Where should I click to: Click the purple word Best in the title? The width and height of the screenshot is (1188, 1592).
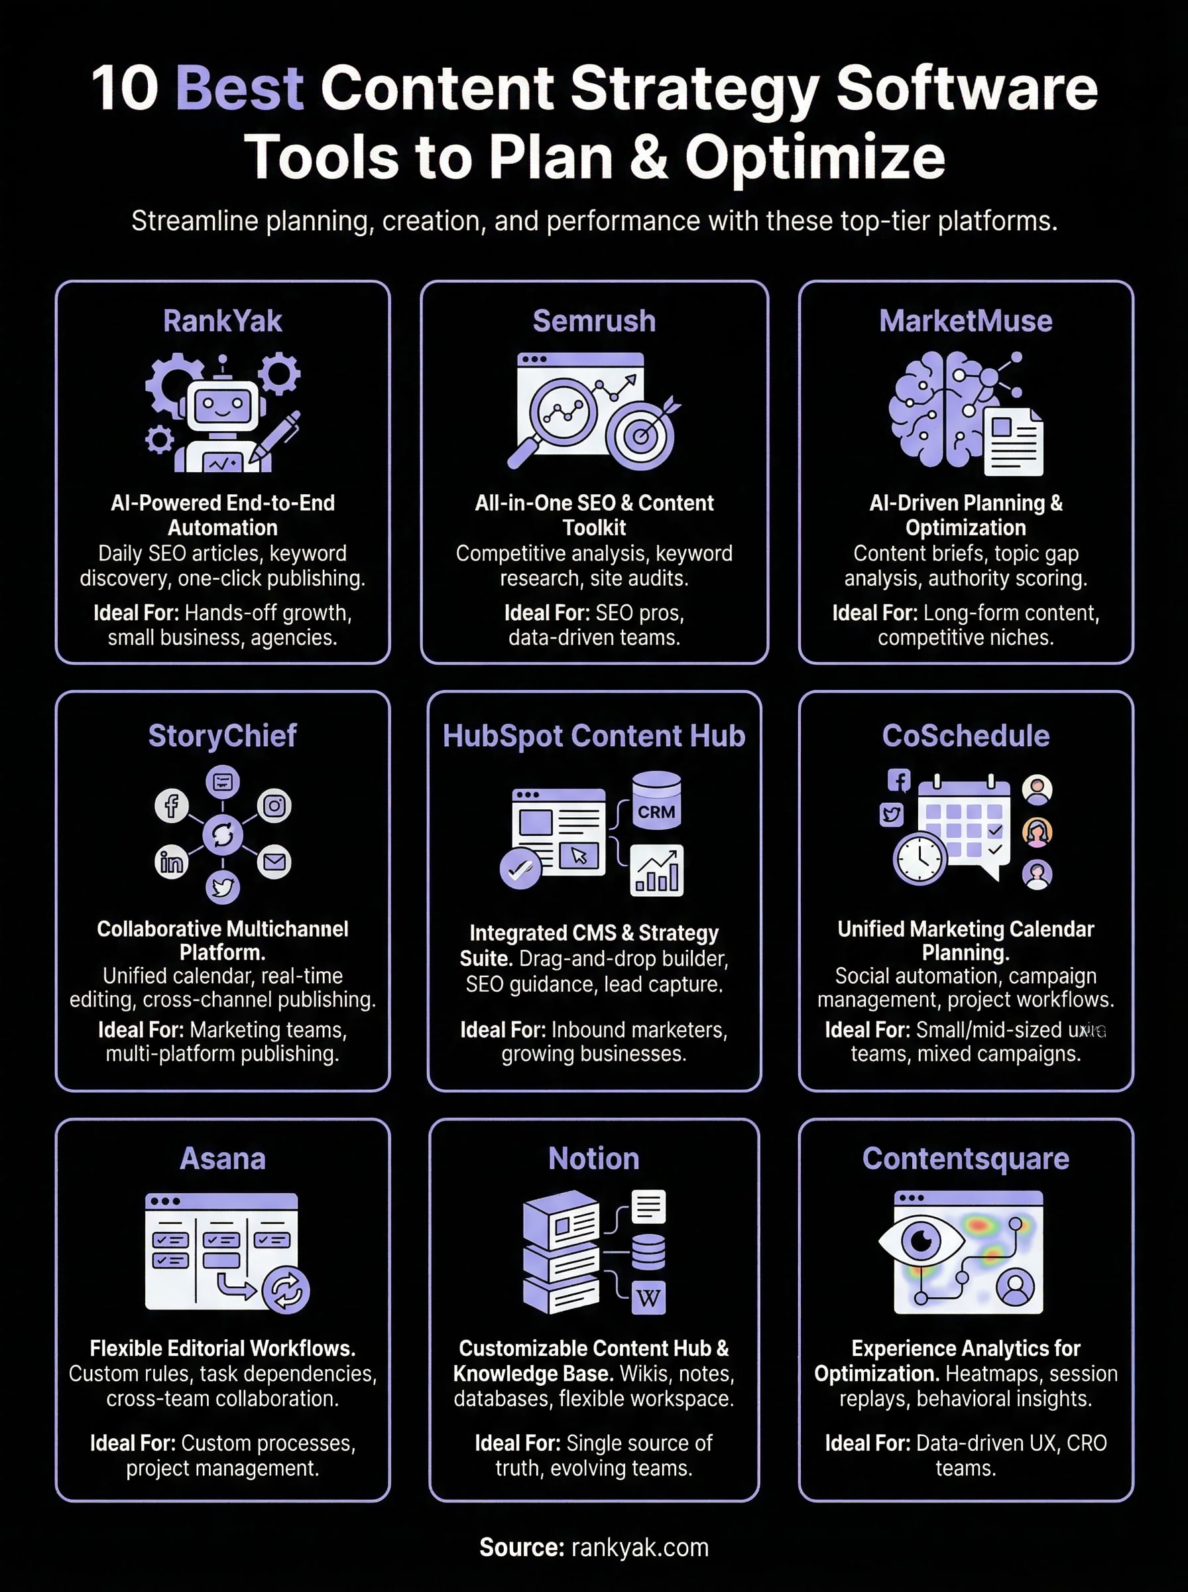239,88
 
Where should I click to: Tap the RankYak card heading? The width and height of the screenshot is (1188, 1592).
222,321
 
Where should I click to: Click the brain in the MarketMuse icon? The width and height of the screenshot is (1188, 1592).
935,407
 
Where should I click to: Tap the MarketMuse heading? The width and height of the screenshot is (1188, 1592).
965,321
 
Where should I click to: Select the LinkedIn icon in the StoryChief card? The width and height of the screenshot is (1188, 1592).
171,862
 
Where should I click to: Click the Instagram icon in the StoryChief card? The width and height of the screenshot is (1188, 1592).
274,806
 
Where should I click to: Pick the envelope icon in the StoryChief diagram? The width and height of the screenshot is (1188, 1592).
274,862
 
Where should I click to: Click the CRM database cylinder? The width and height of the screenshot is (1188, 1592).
656,800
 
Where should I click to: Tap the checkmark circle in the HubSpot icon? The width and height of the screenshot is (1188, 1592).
520,870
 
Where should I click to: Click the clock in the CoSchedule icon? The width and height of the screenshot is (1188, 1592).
919,858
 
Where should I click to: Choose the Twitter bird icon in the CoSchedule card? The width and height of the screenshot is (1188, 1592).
892,815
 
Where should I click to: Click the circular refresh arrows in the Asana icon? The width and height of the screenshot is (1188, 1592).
286,1290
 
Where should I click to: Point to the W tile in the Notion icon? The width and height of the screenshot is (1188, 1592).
648,1297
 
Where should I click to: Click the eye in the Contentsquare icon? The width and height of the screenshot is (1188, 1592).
920,1240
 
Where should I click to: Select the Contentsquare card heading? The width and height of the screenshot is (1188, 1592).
965,1158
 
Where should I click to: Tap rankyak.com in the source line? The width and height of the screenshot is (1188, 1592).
639,1547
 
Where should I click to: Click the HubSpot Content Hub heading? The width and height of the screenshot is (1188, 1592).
594,736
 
